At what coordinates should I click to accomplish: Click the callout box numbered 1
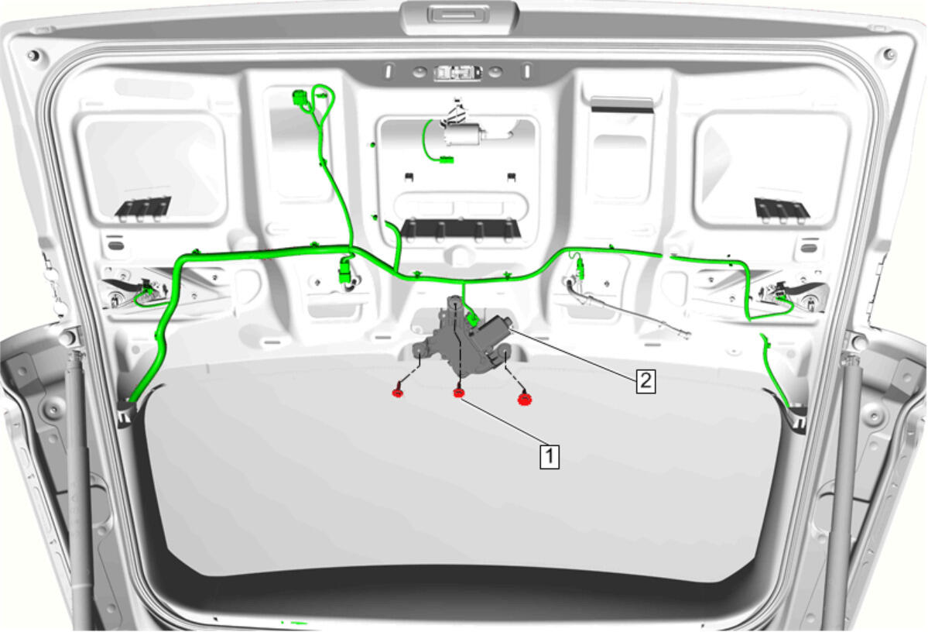[550, 456]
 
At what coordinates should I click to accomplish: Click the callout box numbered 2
[645, 380]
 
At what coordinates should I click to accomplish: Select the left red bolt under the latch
[399, 392]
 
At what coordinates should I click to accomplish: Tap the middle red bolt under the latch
[458, 392]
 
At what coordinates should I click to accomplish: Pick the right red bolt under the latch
[524, 399]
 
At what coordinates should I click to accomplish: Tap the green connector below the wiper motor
[446, 159]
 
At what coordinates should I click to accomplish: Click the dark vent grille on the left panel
[143, 208]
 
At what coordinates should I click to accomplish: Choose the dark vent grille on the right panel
[782, 208]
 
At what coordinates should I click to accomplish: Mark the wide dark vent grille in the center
[461, 228]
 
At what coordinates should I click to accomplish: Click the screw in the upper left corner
[33, 57]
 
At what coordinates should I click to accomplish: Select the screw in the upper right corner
[889, 54]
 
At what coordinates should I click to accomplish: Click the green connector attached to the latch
[472, 319]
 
